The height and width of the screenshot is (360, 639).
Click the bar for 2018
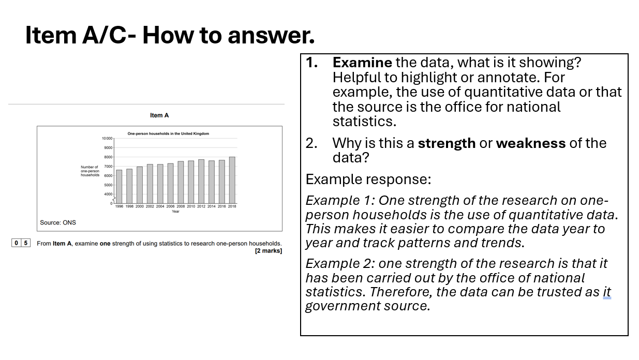coord(232,180)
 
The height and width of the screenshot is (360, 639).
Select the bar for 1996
coord(119,186)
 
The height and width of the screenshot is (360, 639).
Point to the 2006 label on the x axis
coord(170,206)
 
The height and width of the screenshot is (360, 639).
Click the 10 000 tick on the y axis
coord(107,139)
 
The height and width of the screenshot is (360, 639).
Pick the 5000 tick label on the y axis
coord(108,185)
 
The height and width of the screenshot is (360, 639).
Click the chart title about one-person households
coord(168,133)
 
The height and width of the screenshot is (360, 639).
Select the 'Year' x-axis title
coord(175,211)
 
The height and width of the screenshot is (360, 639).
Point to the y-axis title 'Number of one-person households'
coord(90,171)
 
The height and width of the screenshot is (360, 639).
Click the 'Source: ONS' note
coord(58,222)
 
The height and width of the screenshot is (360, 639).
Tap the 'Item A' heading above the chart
coord(159,115)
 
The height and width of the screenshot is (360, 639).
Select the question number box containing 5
coord(25,243)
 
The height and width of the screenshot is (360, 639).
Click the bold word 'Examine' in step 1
coord(362,63)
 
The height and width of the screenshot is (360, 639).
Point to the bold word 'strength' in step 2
coord(446,143)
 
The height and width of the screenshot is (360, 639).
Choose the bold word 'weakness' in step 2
coord(530,143)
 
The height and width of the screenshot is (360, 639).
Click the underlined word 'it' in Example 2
coord(606,292)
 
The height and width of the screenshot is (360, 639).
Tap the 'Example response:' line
coord(368,179)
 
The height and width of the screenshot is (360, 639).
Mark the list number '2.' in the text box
coord(311,143)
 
